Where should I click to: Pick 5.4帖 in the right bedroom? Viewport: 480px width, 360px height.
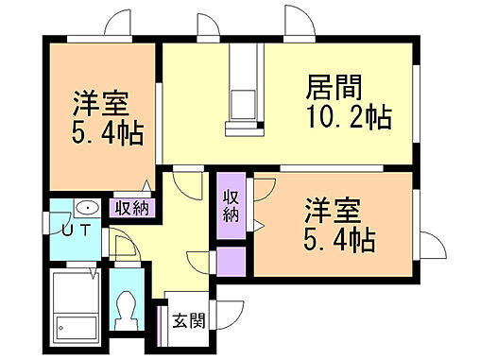click(337, 240)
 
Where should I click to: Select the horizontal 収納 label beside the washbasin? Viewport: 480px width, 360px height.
click(131, 208)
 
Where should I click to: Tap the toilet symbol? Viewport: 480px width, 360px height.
click(125, 308)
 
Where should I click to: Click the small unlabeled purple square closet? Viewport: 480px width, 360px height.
click(231, 260)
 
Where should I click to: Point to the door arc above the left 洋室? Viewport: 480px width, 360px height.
click(118, 24)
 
